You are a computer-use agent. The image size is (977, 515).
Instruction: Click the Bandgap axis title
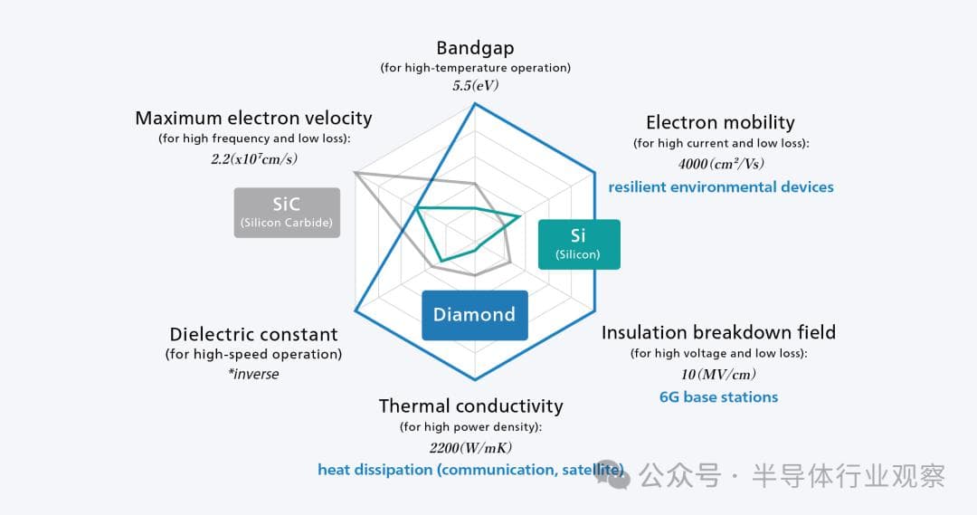pyautogui.click(x=475, y=48)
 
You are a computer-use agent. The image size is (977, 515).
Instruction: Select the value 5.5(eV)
pyautogui.click(x=475, y=86)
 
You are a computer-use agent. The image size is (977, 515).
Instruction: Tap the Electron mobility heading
pyautogui.click(x=720, y=122)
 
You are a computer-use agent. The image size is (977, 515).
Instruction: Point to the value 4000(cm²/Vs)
pyautogui.click(x=720, y=164)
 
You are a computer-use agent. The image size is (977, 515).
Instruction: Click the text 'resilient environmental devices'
pyautogui.click(x=720, y=187)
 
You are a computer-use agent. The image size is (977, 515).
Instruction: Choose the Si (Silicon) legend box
pyautogui.click(x=579, y=244)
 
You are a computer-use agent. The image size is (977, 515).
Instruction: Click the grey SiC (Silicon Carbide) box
pyautogui.click(x=287, y=213)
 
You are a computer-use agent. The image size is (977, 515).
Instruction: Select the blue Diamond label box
pyautogui.click(x=474, y=315)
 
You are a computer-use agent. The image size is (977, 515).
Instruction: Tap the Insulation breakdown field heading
pyautogui.click(x=718, y=332)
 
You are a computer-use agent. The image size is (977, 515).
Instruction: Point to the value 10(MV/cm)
pyautogui.click(x=718, y=374)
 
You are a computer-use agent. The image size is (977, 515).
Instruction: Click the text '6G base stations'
pyautogui.click(x=718, y=397)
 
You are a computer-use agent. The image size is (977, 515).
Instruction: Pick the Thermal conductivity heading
pyautogui.click(x=470, y=405)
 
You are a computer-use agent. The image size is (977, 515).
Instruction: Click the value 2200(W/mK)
pyautogui.click(x=470, y=447)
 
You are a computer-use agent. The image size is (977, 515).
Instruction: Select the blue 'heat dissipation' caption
pyautogui.click(x=470, y=470)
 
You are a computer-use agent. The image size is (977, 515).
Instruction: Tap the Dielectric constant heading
pyautogui.click(x=253, y=335)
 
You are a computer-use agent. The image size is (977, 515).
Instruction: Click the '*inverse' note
pyautogui.click(x=253, y=374)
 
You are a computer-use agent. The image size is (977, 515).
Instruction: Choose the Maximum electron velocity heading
pyautogui.click(x=253, y=118)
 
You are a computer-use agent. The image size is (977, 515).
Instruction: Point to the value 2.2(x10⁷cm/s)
pyautogui.click(x=253, y=158)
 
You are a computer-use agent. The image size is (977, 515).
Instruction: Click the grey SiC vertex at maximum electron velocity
pyautogui.click(x=356, y=171)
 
